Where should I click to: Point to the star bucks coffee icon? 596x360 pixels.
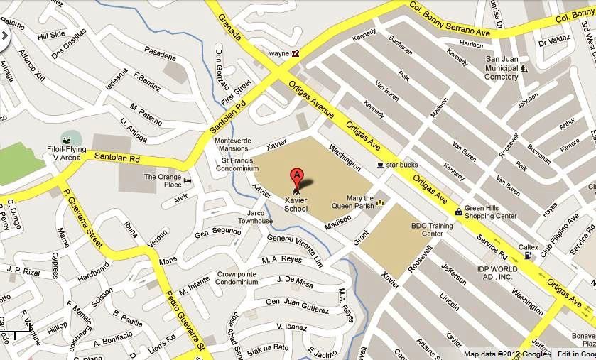pos(381,165)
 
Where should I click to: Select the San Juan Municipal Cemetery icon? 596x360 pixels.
pos(524,69)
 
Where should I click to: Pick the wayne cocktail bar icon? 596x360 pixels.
pos(296,53)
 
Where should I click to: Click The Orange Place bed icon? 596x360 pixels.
pos(187,180)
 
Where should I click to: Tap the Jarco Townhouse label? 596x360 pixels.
pos(259,217)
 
